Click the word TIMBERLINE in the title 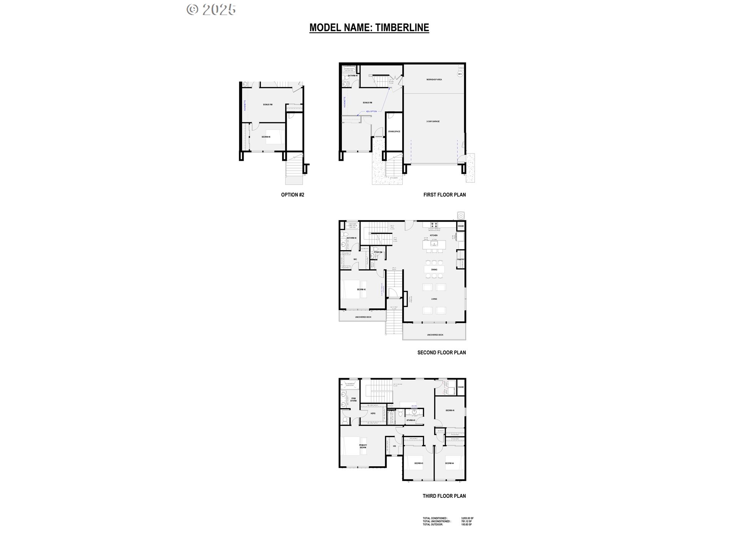[402, 28]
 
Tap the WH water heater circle [460, 74]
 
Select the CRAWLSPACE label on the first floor [394, 132]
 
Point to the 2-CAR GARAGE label [433, 122]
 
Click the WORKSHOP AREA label [434, 80]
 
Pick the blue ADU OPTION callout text [371, 111]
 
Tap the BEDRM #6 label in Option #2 [266, 137]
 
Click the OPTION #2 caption [293, 195]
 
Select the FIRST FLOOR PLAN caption [445, 195]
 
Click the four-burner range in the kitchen [434, 225]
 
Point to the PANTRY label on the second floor [461, 260]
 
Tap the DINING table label [434, 270]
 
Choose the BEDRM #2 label [361, 289]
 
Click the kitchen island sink [434, 244]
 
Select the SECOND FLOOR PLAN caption [441, 352]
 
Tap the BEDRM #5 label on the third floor [450, 410]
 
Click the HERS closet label [373, 414]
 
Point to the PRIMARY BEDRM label [363, 447]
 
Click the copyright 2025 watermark [211, 10]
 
